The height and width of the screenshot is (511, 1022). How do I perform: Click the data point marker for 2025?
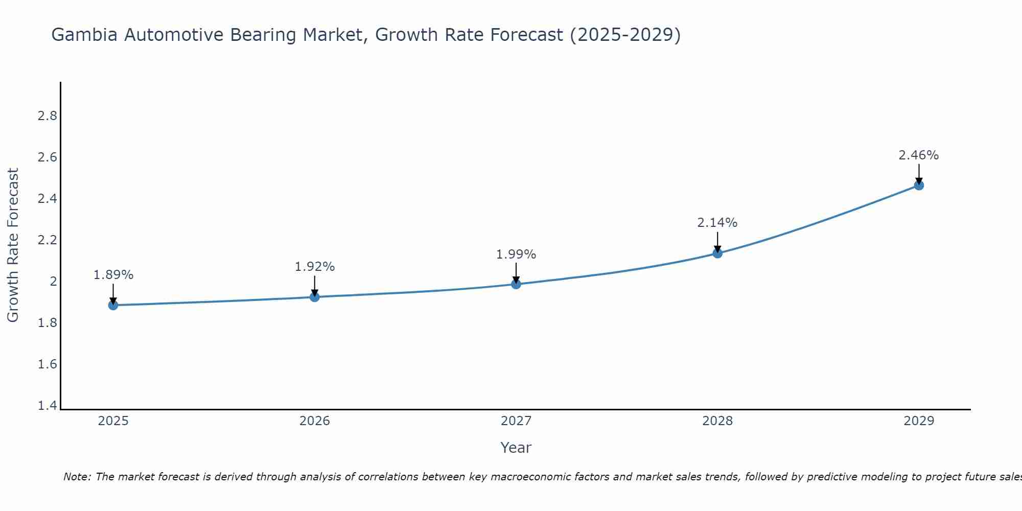pos(113,305)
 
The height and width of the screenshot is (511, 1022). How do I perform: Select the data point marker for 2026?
pos(314,297)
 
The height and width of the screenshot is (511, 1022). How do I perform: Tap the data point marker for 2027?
pos(516,284)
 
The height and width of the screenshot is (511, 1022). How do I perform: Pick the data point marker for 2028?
pos(717,253)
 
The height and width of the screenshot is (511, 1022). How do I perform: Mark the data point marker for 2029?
pos(918,185)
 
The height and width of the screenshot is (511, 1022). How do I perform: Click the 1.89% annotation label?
pos(113,275)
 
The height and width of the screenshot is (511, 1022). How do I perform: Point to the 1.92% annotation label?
pos(314,267)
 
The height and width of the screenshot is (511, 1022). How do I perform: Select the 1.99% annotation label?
pos(516,254)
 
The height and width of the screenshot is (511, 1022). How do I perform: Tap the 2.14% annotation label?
pos(717,223)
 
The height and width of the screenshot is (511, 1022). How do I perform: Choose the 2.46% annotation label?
pos(918,155)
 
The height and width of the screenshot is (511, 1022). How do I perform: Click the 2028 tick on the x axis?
pos(717,421)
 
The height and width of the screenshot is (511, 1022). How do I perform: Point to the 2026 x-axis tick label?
pos(314,421)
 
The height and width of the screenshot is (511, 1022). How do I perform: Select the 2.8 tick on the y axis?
pos(47,116)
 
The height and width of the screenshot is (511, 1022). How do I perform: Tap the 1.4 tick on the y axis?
pos(47,406)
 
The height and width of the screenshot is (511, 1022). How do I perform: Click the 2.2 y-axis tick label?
pos(47,240)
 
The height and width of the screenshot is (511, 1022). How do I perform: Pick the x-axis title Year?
pos(516,448)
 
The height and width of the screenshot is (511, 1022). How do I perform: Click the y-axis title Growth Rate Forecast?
pos(13,245)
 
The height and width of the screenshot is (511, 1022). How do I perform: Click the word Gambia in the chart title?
pos(85,35)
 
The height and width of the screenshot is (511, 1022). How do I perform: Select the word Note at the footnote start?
pos(77,477)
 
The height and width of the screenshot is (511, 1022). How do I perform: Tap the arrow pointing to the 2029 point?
pos(918,174)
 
